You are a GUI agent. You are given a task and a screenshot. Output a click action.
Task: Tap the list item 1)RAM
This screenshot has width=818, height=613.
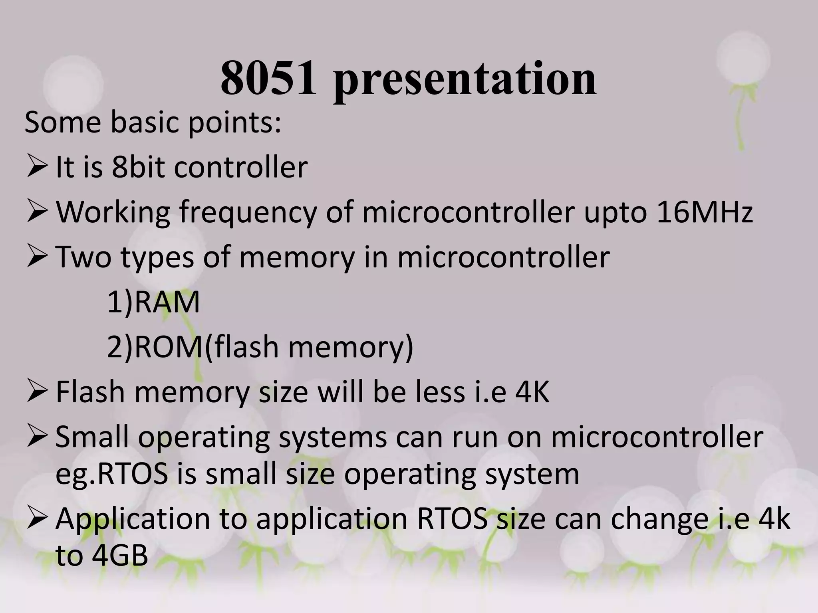(x=153, y=302)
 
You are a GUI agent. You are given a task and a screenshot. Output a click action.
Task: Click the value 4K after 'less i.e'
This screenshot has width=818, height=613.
(x=532, y=392)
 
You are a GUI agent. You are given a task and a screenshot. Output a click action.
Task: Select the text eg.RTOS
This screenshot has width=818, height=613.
(x=111, y=475)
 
